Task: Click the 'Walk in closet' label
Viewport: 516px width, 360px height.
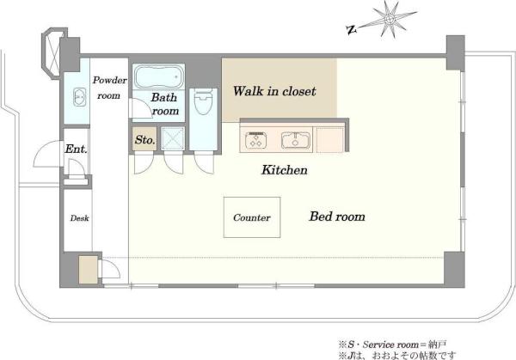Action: [x=274, y=91]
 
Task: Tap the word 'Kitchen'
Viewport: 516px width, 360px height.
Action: [x=285, y=170]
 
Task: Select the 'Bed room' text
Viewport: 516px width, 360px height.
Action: [x=337, y=217]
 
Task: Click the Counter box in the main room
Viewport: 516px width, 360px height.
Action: [x=252, y=217]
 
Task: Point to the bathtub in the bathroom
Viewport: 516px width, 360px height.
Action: [x=158, y=77]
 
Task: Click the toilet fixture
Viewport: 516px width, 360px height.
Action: [x=203, y=101]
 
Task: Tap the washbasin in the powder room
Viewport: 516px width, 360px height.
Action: [x=79, y=97]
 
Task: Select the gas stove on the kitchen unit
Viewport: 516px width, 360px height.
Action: [x=255, y=140]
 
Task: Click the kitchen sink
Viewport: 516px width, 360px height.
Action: [x=296, y=140]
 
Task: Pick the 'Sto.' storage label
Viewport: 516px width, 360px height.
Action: [x=144, y=140]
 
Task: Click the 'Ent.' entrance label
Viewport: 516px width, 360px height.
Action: [x=76, y=149]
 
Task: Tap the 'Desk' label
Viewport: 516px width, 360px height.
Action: [x=79, y=218]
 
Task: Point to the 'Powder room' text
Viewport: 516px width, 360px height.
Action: [x=109, y=88]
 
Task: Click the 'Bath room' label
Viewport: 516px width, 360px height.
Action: [x=164, y=104]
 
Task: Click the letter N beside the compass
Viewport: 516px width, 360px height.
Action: [x=352, y=30]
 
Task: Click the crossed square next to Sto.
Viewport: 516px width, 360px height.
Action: [x=173, y=138]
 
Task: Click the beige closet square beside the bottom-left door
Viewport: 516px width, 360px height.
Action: [x=89, y=269]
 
